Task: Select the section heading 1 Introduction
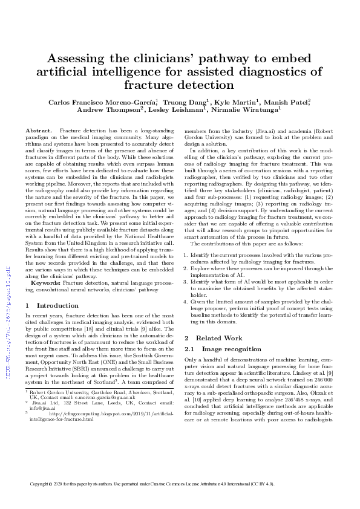(x=49, y=306)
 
